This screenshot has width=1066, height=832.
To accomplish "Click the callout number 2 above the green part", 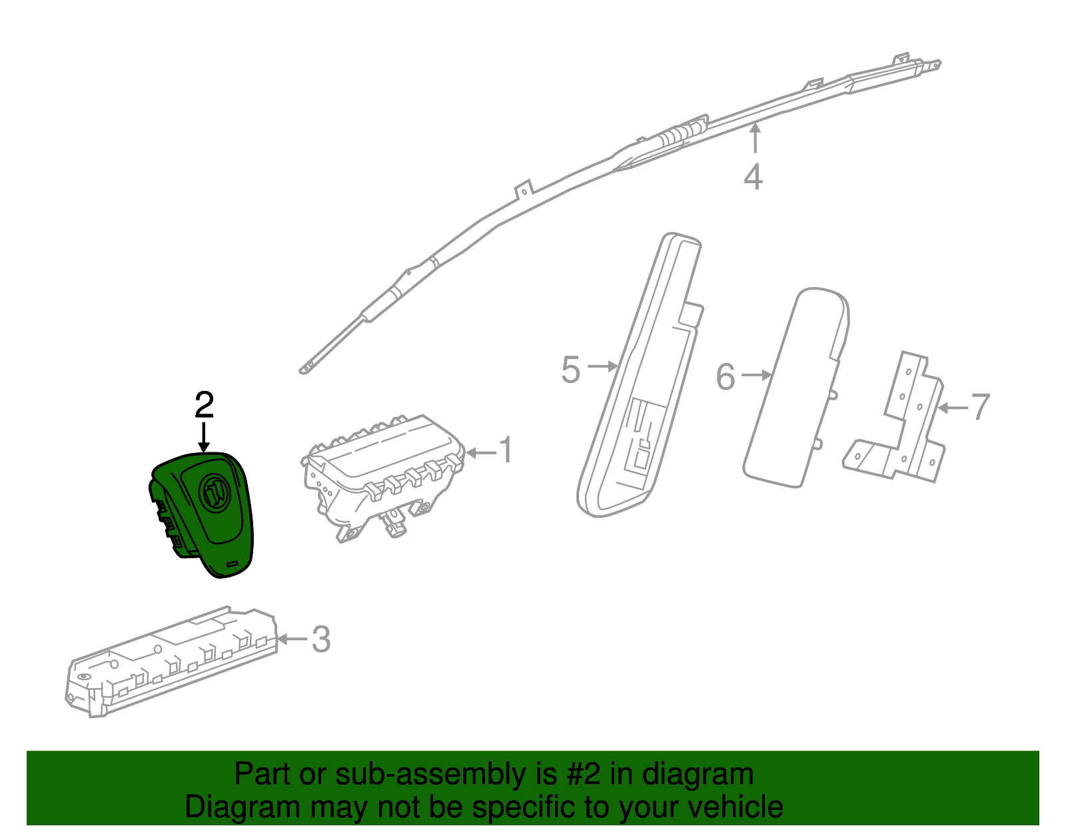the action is (x=204, y=404).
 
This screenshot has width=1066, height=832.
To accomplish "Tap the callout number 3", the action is (x=321, y=639).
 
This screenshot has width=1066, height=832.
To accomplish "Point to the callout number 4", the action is (x=754, y=177).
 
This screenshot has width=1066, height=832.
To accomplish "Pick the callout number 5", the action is (x=570, y=370).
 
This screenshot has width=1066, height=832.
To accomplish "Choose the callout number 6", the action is (x=726, y=377).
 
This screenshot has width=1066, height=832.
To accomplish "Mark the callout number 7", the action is (x=980, y=407).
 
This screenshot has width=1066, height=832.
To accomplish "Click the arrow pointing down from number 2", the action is (x=204, y=438).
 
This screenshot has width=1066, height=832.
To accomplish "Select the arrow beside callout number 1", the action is (x=481, y=452).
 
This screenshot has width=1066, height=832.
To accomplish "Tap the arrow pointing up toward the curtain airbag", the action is (x=756, y=139).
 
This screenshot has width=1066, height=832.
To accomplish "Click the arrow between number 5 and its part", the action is (x=602, y=366).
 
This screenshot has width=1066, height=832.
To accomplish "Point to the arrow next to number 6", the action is (x=756, y=375).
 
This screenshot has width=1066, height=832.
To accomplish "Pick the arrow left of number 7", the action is (x=952, y=408).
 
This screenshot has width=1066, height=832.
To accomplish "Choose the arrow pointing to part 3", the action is (x=292, y=639).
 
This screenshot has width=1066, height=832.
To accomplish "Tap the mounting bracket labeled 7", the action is (x=895, y=417).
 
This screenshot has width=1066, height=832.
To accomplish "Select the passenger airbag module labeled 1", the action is (x=383, y=478).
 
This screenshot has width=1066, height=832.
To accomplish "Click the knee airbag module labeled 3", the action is (x=171, y=661).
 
